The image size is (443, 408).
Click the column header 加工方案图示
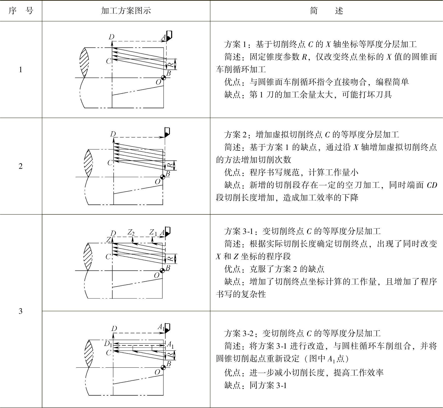(x=126, y=11)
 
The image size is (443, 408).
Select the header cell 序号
(x=21, y=11)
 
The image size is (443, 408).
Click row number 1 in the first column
(x=21, y=70)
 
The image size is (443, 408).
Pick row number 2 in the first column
(x=21, y=166)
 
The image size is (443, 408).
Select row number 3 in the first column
(x=21, y=311)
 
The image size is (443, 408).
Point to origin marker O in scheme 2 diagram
(x=163, y=177)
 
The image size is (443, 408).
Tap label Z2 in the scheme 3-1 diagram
(x=131, y=232)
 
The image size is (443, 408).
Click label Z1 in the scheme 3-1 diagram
(x=153, y=232)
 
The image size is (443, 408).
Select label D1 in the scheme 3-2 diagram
(x=108, y=344)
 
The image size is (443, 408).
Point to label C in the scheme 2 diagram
(x=110, y=162)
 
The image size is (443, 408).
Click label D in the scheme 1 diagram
(x=111, y=37)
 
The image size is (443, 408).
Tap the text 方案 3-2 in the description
(x=239, y=333)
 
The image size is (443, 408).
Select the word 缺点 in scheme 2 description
(x=232, y=185)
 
